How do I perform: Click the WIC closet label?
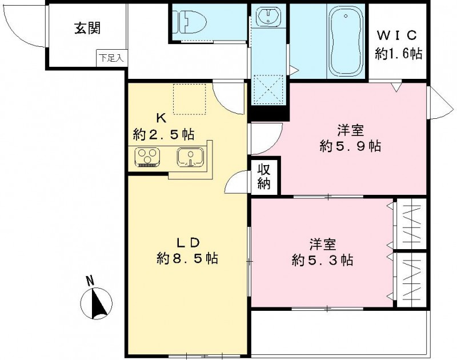[398, 34]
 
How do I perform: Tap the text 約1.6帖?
[398, 54]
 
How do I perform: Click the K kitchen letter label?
[162, 119]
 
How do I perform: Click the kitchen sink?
[190, 156]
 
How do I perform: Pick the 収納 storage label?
[263, 177]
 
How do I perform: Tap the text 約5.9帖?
[350, 146]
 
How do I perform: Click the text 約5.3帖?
[322, 260]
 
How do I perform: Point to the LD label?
[186, 241]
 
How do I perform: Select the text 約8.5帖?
[187, 258]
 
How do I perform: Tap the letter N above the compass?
[90, 281]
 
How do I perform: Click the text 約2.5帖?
[163, 135]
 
